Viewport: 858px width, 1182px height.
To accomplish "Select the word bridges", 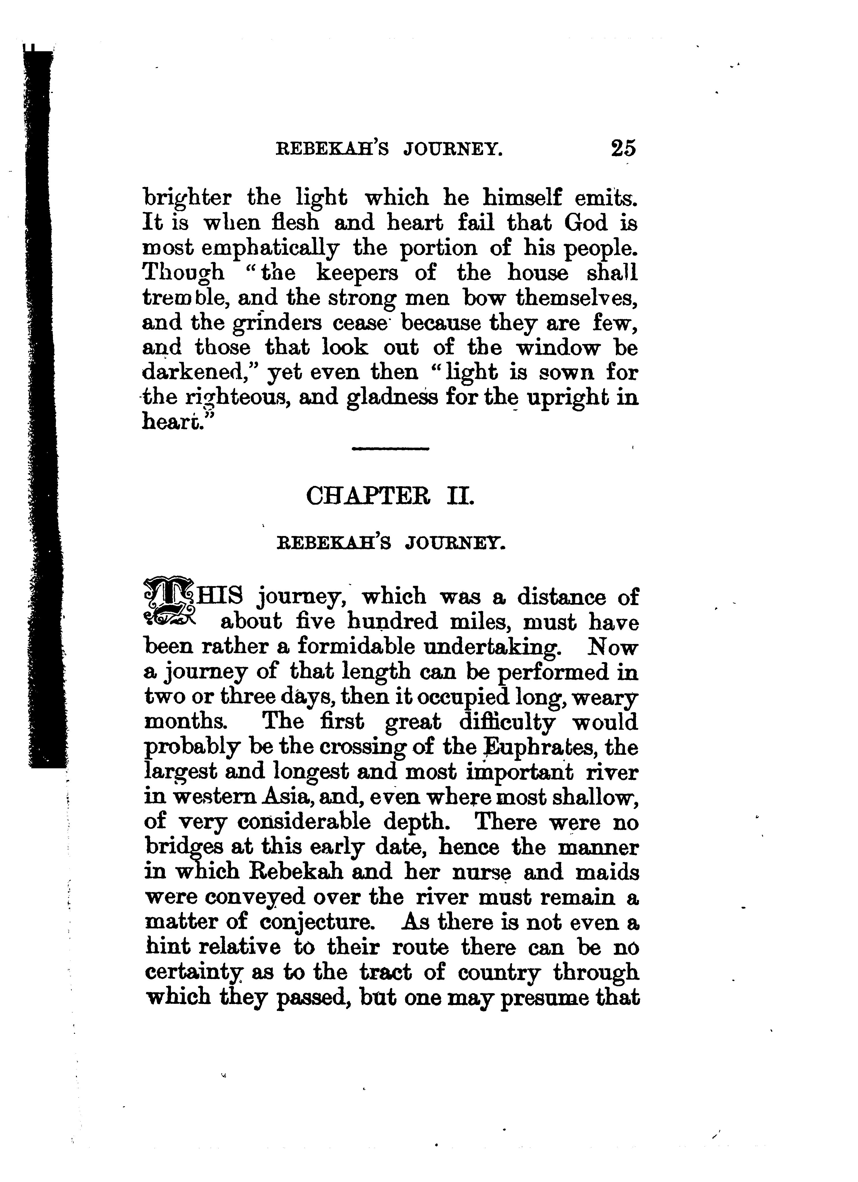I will pyautogui.click(x=183, y=848).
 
